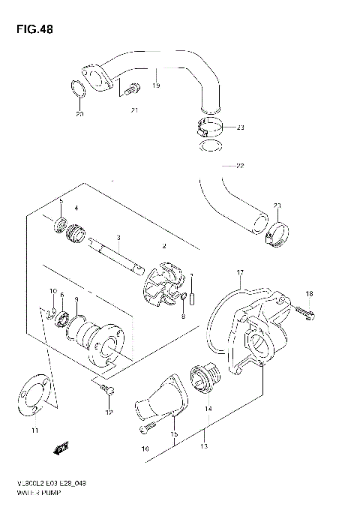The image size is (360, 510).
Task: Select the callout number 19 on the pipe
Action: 156,86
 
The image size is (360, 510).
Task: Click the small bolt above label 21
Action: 131,88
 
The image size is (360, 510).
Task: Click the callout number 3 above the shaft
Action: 119,238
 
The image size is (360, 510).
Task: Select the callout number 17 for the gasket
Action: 239,273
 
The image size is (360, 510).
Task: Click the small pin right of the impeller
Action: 192,288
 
